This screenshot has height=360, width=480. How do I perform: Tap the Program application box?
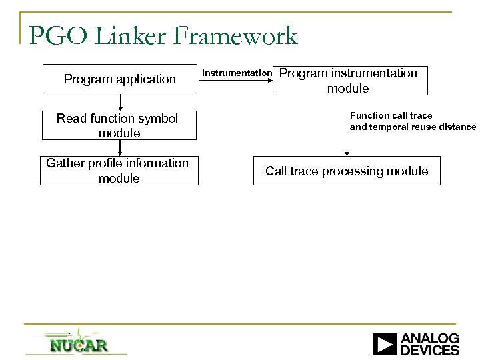pyautogui.click(x=120, y=79)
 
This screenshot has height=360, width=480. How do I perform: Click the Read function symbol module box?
pyautogui.click(x=120, y=125)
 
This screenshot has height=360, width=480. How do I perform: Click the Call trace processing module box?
pyautogui.click(x=347, y=171)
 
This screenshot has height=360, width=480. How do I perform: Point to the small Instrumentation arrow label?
pyautogui.click(x=237, y=72)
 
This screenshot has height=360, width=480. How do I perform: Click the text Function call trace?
pyautogui.click(x=391, y=115)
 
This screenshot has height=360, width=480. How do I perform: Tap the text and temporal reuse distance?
pyautogui.click(x=413, y=127)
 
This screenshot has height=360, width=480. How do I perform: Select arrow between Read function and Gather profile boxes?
pyautogui.click(x=121, y=147)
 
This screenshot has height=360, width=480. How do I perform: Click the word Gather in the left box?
pyautogui.click(x=66, y=163)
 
